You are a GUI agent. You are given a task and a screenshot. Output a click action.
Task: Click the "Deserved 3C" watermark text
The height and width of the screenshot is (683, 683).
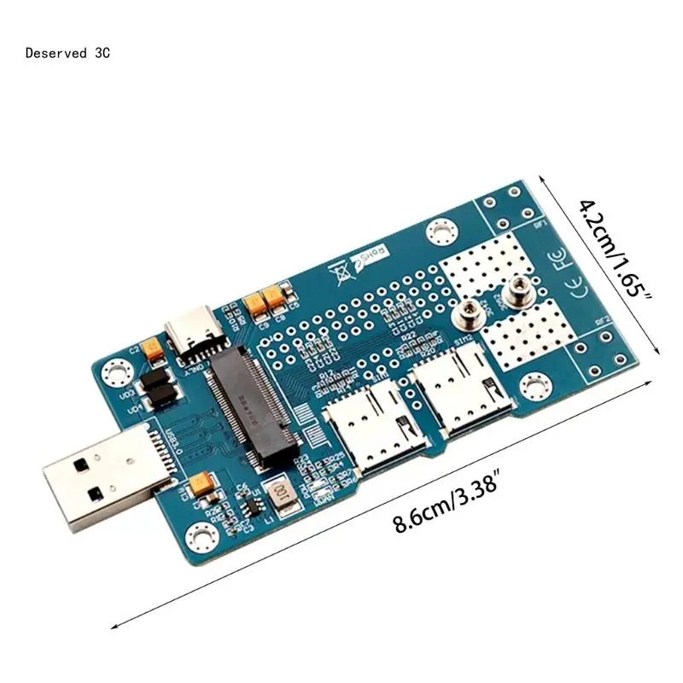[67, 53]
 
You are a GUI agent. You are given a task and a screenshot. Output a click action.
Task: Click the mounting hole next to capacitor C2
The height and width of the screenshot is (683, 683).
[114, 372]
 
